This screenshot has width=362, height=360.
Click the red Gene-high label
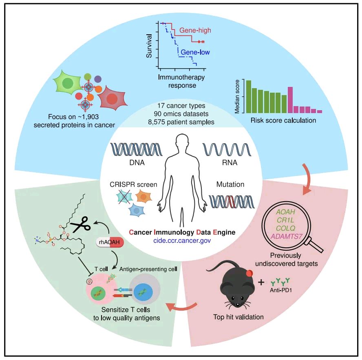[195, 30]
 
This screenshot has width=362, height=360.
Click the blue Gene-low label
[195, 52]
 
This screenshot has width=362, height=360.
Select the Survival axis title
[149, 46]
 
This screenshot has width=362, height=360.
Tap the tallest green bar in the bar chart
[248, 97]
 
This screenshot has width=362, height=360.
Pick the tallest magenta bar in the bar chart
[290, 100]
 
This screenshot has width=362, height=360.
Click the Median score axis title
[237, 97]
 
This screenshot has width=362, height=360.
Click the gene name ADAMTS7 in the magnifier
[286, 237]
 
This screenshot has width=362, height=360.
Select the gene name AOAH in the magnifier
[286, 212]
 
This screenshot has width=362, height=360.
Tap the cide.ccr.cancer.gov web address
[182, 241]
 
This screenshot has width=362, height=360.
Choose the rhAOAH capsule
[110, 242]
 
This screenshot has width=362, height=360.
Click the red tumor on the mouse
[249, 273]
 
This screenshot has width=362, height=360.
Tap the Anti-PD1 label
[281, 290]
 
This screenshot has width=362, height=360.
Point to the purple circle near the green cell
[98, 79]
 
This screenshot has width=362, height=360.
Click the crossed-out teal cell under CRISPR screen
[124, 197]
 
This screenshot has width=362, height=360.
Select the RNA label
[230, 162]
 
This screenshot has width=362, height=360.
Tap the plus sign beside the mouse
[261, 282]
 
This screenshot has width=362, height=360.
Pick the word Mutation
[230, 184]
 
